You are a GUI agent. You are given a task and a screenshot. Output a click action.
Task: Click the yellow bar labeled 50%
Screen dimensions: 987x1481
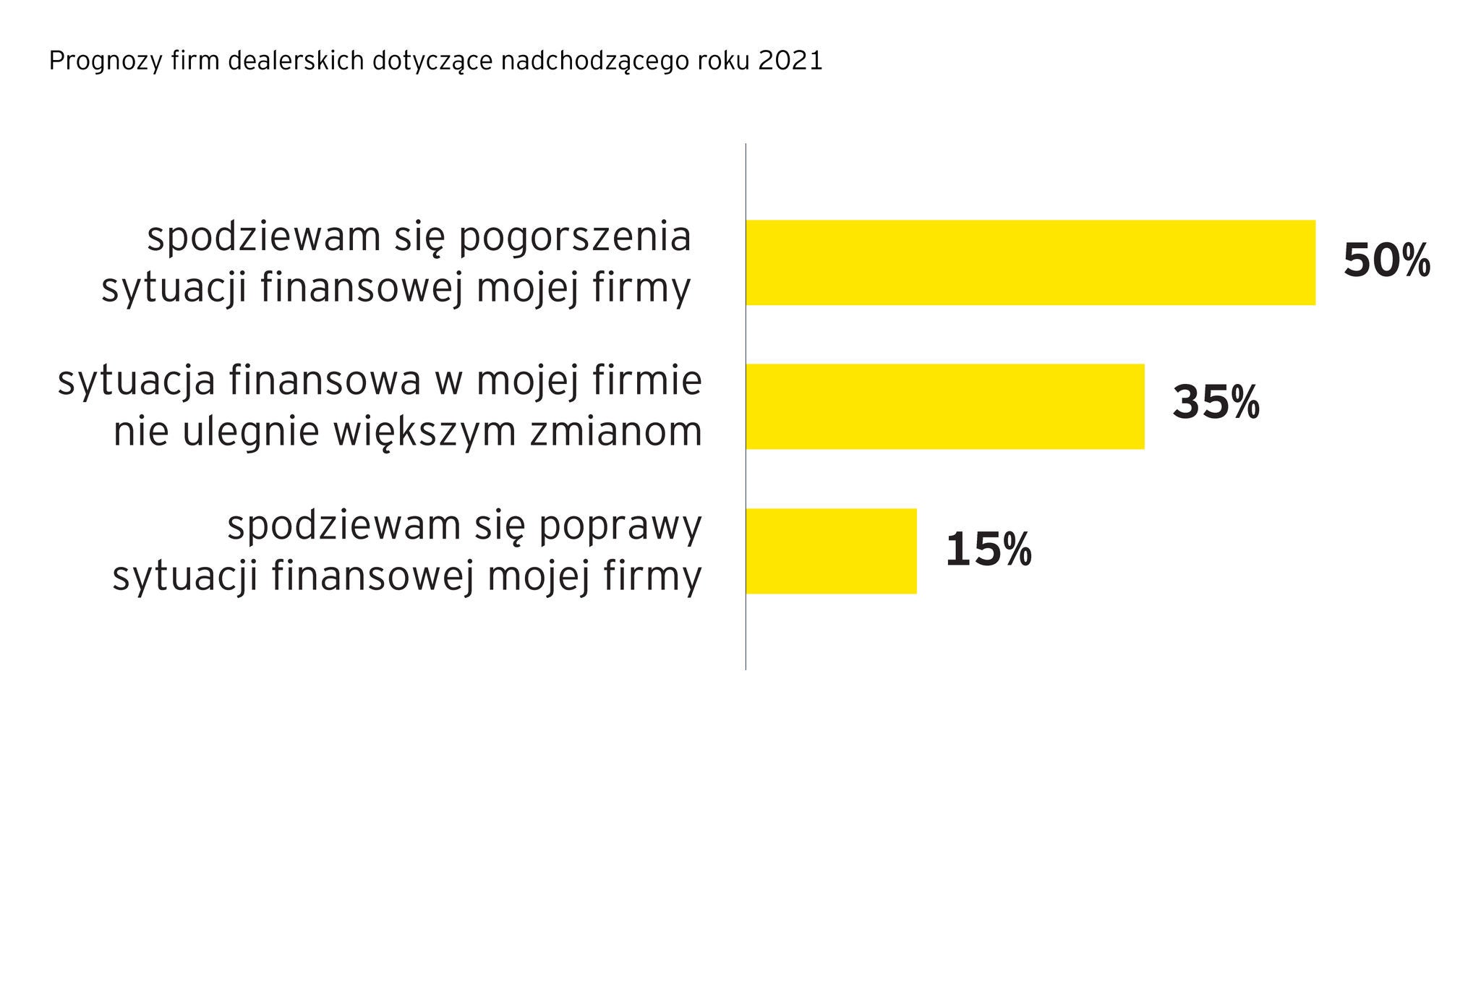(1030, 262)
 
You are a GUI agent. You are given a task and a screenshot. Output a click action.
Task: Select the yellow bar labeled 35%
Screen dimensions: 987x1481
(944, 406)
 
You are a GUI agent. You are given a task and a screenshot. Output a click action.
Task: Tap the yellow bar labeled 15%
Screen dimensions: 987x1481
(831, 551)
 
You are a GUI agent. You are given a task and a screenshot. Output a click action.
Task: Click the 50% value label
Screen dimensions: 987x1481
(1386, 261)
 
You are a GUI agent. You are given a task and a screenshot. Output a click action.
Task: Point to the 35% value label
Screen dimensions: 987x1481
(1216, 403)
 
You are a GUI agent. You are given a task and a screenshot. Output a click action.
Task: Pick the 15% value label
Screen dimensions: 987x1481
(988, 550)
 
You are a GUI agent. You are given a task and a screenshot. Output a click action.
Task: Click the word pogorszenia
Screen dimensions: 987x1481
(576, 239)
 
